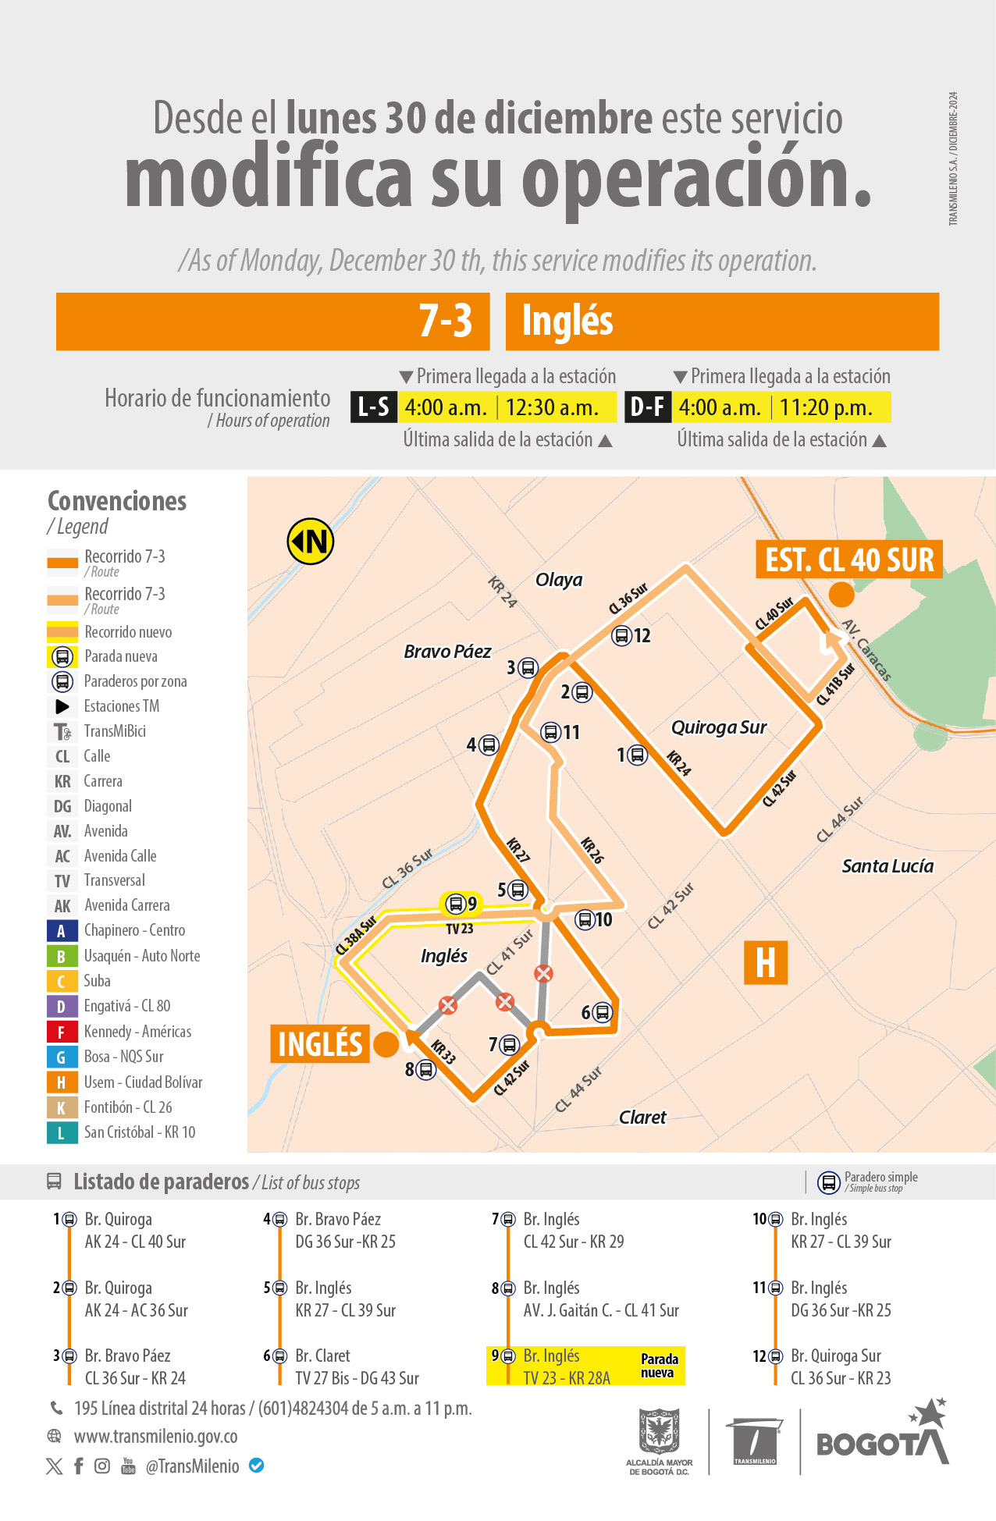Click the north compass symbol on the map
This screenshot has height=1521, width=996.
(x=311, y=541)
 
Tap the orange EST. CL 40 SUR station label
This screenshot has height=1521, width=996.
(x=848, y=560)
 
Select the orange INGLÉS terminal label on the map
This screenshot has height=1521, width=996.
(x=320, y=1044)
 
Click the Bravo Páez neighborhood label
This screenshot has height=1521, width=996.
(x=447, y=652)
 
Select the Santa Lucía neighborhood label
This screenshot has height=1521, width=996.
(x=888, y=865)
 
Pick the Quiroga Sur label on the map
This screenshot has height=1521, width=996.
(x=719, y=727)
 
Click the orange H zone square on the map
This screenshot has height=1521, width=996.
(x=766, y=962)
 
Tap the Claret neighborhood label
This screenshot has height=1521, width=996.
(x=642, y=1118)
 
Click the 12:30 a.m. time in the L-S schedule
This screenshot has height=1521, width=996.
(x=552, y=407)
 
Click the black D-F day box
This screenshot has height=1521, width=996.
(x=647, y=407)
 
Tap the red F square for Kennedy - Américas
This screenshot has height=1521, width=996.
(x=62, y=1032)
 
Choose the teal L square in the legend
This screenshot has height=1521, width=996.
(x=62, y=1132)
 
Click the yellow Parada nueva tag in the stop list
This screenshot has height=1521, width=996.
(x=660, y=1366)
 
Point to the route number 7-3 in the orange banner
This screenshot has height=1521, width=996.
(x=446, y=321)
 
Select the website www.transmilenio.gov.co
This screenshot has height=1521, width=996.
(x=155, y=1437)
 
